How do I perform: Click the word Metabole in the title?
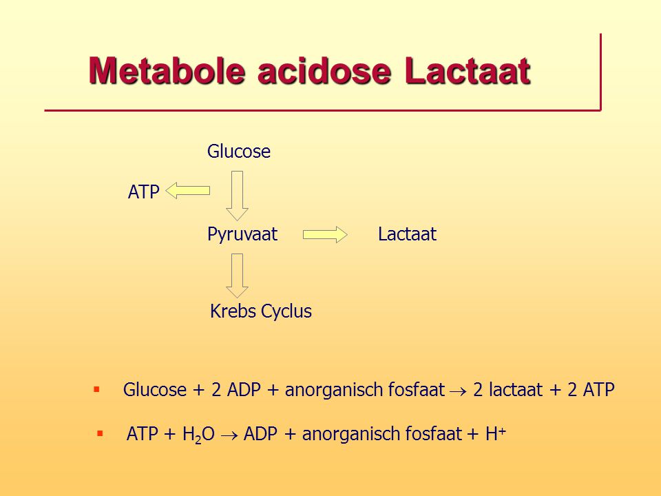[167, 70]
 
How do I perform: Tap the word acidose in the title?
[324, 70]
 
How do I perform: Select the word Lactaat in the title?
[467, 70]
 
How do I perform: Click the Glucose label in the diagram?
[239, 152]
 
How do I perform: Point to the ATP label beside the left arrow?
[144, 192]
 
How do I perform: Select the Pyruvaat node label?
[242, 234]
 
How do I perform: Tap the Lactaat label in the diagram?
[407, 234]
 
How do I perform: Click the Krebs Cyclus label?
[261, 311]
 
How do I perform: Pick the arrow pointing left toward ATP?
[187, 191]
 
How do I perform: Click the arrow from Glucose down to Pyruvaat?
[237, 196]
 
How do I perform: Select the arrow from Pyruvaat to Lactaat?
[325, 234]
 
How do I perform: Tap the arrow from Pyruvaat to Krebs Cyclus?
[237, 276]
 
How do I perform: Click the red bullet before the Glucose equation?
[96, 389]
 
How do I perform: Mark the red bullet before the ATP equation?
[100, 433]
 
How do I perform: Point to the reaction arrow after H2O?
[229, 435]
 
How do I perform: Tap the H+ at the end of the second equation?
[496, 433]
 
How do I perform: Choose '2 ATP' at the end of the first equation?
[591, 389]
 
